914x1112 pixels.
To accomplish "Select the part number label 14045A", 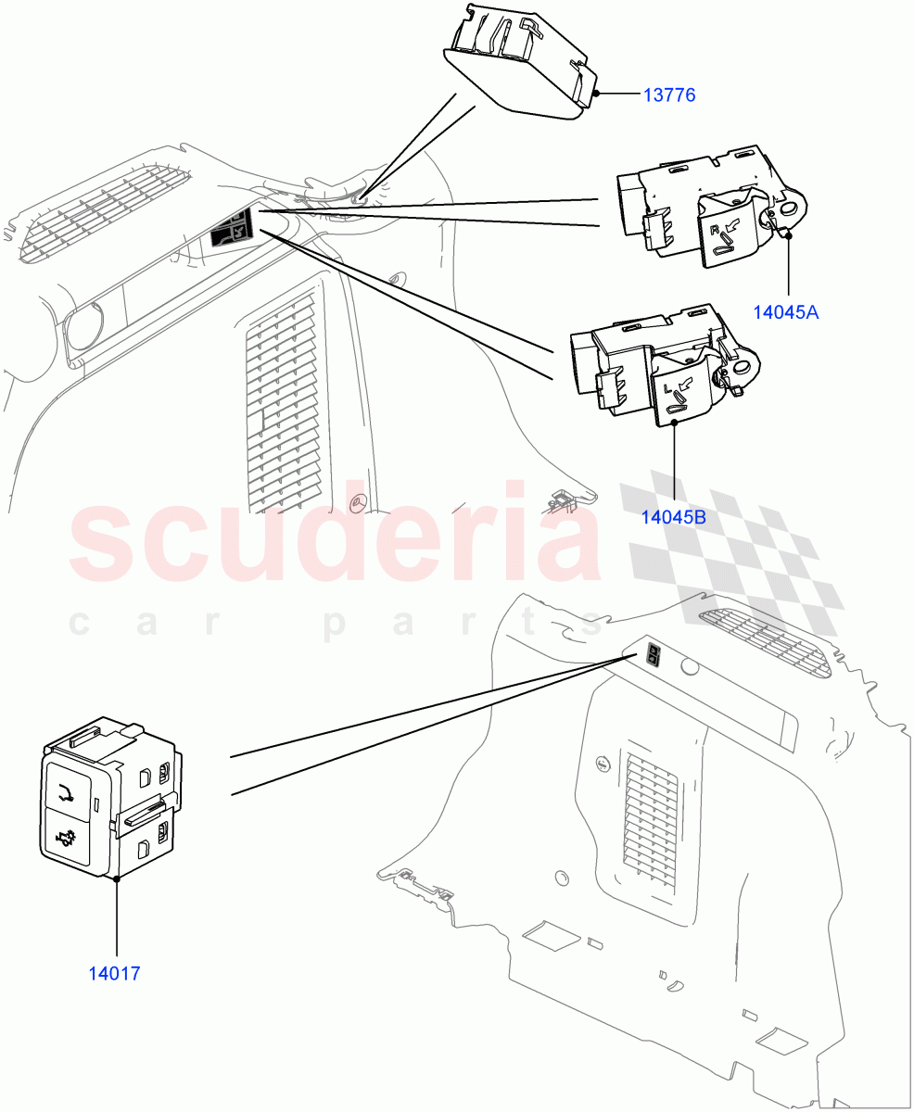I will pyautogui.click(x=785, y=312).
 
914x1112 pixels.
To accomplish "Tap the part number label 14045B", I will pyautogui.click(x=673, y=517).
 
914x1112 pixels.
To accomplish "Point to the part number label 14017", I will pyautogui.click(x=114, y=974).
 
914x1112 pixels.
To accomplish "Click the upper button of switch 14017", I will pyautogui.click(x=69, y=789).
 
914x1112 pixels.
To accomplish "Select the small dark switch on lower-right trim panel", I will pyautogui.click(x=653, y=656).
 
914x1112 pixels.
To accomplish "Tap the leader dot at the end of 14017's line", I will pyautogui.click(x=117, y=879).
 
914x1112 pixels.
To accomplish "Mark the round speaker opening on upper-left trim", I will pyautogui.click(x=81, y=328).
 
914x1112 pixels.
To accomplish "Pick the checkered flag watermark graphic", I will pyautogui.click(x=732, y=556).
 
